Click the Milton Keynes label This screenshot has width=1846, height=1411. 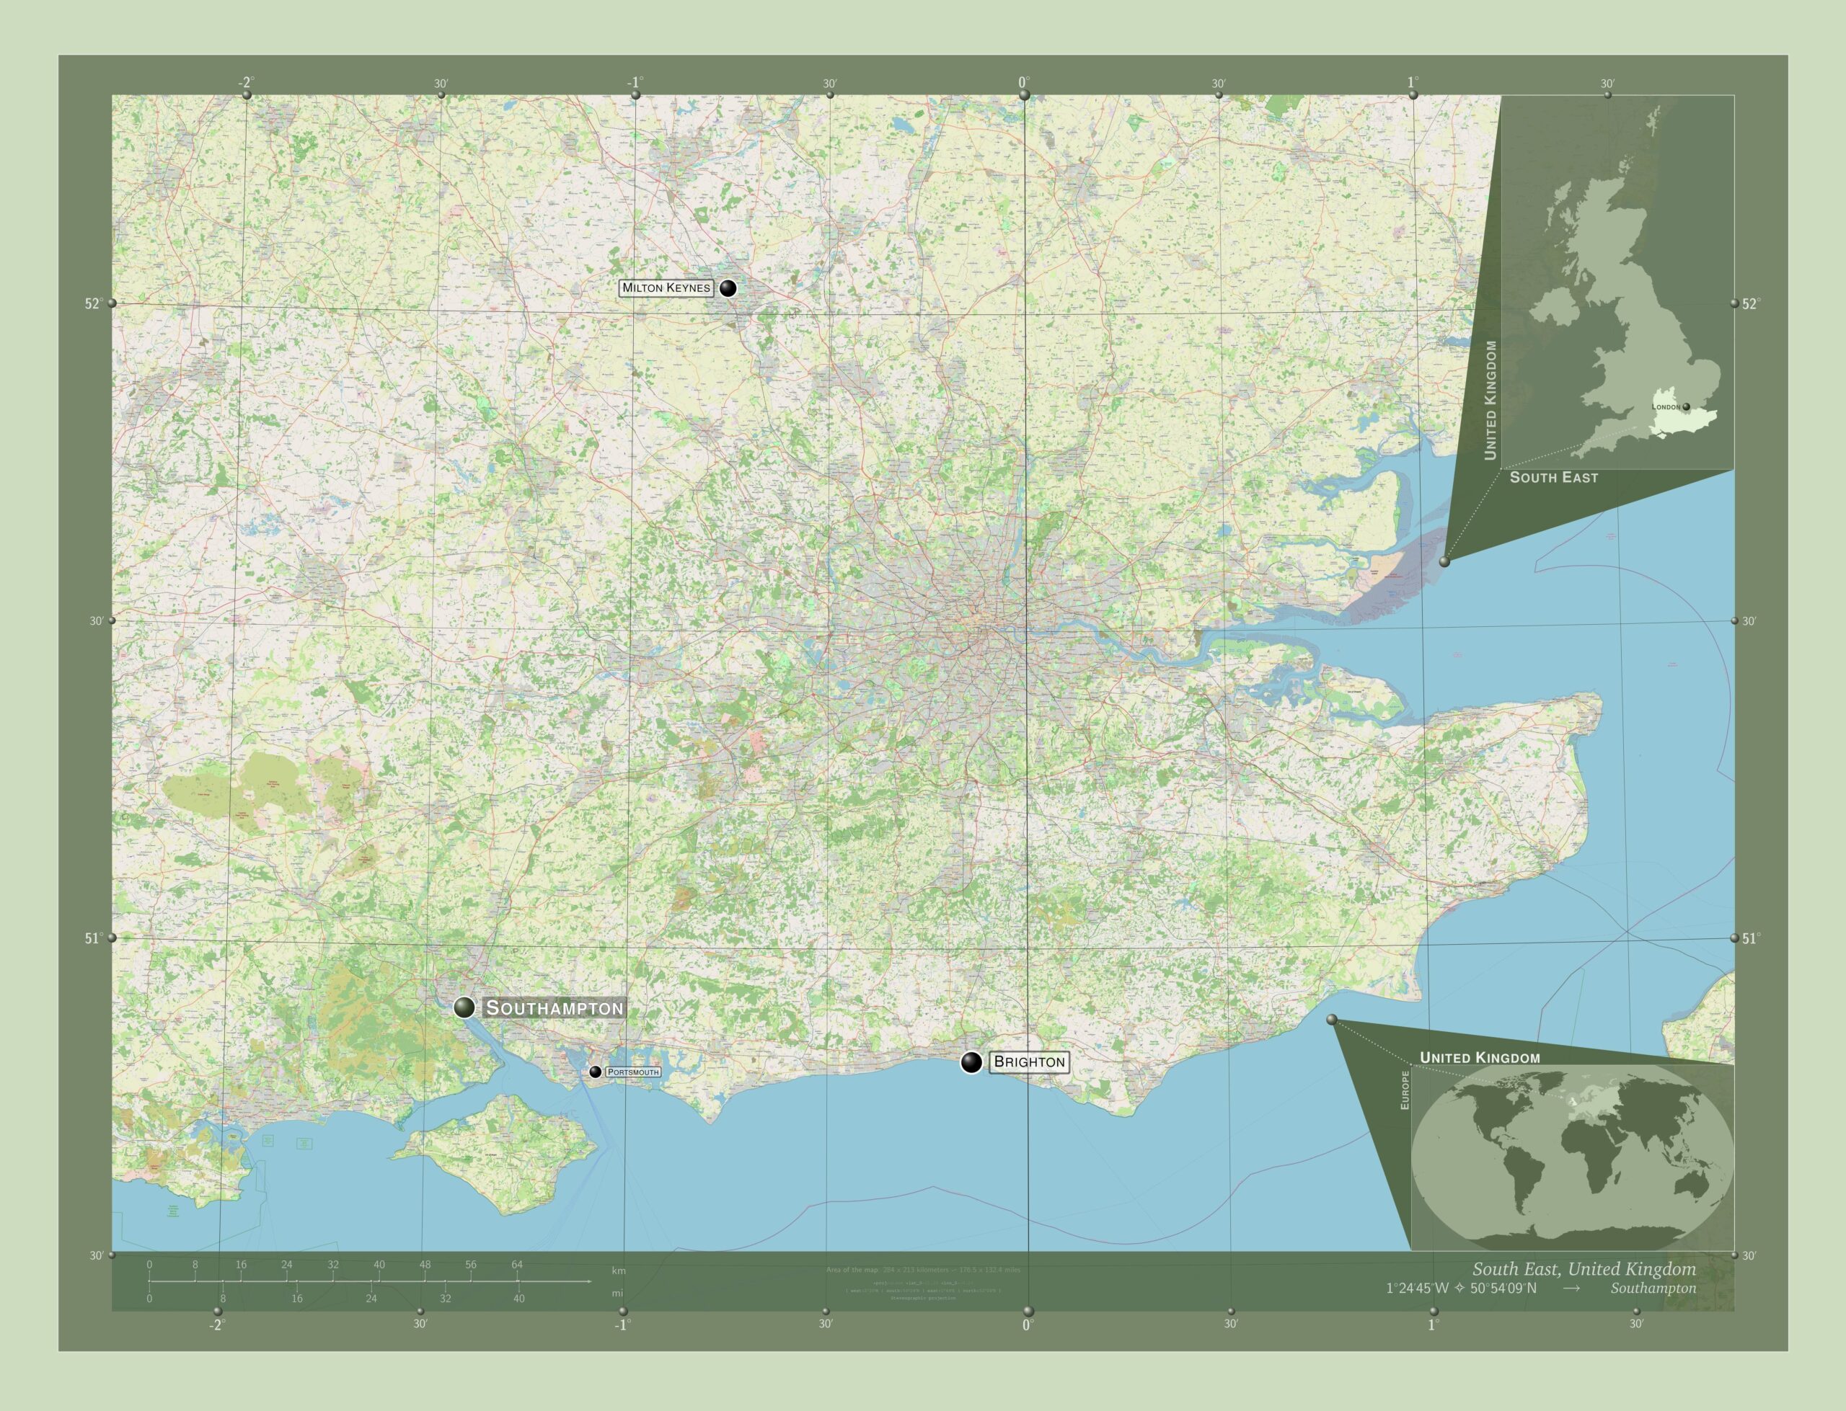[666, 288]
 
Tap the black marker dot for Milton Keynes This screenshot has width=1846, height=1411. [728, 288]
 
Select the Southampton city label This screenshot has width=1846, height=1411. [555, 1008]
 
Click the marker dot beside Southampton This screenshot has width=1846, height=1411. [464, 1007]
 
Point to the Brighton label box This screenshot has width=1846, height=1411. [1028, 1061]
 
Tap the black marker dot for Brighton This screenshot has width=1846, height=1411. [971, 1062]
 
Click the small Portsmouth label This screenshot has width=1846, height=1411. [632, 1072]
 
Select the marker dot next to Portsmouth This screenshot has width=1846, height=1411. [595, 1072]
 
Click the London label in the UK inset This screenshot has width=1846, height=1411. [1665, 406]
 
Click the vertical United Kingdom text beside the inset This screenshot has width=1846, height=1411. [1491, 400]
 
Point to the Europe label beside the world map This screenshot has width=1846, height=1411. [1404, 1090]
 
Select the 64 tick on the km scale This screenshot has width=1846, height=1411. [517, 1265]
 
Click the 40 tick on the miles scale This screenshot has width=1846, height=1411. [518, 1299]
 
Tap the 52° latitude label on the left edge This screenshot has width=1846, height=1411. [93, 304]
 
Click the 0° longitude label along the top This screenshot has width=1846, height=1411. [1023, 82]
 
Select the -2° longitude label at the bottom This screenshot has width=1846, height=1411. [217, 1325]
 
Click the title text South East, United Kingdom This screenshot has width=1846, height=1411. [1583, 1269]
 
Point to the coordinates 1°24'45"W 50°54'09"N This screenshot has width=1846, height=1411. [1461, 1288]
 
